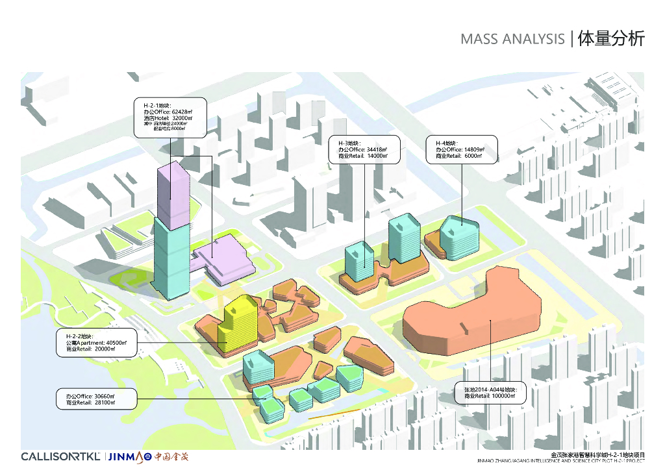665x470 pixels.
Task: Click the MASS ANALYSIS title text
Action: pyautogui.click(x=512, y=39)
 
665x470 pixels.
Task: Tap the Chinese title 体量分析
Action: pyautogui.click(x=611, y=38)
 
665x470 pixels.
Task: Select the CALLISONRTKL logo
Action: pyautogui.click(x=60, y=456)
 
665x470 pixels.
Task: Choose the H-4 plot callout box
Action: pyautogui.click(x=461, y=149)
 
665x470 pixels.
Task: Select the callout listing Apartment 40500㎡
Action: pyautogui.click(x=97, y=343)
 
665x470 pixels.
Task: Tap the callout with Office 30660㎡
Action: pyautogui.click(x=97, y=399)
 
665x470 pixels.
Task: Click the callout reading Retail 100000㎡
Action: pyautogui.click(x=492, y=392)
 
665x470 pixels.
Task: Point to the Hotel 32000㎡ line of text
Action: pyautogui.click(x=168, y=118)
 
